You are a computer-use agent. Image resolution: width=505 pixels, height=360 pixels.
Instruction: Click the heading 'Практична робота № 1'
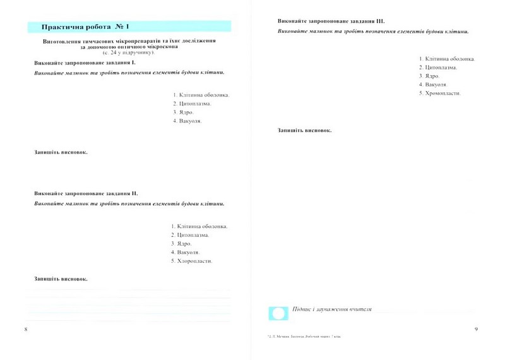pyautogui.click(x=85, y=27)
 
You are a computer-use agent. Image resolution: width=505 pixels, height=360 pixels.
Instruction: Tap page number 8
pyautogui.click(x=25, y=330)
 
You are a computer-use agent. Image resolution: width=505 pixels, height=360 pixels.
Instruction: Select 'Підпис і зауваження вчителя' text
pyautogui.click(x=332, y=310)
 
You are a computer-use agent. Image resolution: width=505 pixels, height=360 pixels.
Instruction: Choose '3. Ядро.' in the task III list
pyautogui.click(x=429, y=76)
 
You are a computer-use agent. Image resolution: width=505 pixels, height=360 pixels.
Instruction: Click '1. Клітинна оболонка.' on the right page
pyautogui.click(x=447, y=59)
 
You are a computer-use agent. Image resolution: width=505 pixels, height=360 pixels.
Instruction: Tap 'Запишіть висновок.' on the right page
pyautogui.click(x=304, y=130)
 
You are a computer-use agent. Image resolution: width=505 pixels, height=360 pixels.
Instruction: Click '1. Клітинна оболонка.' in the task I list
pyautogui.click(x=201, y=95)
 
